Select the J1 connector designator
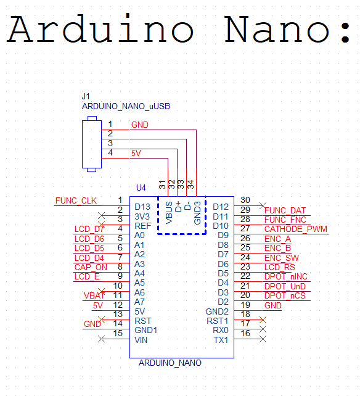86,97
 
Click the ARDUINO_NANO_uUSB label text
126,107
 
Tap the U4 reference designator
141,188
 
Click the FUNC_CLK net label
76,201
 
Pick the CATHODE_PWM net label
295,229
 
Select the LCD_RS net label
279,267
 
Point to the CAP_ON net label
91,267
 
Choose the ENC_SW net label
282,258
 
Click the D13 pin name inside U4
142,207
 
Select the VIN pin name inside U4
142,340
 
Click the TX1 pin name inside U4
221,340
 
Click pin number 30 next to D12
245,200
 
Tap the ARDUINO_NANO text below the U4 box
170,363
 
